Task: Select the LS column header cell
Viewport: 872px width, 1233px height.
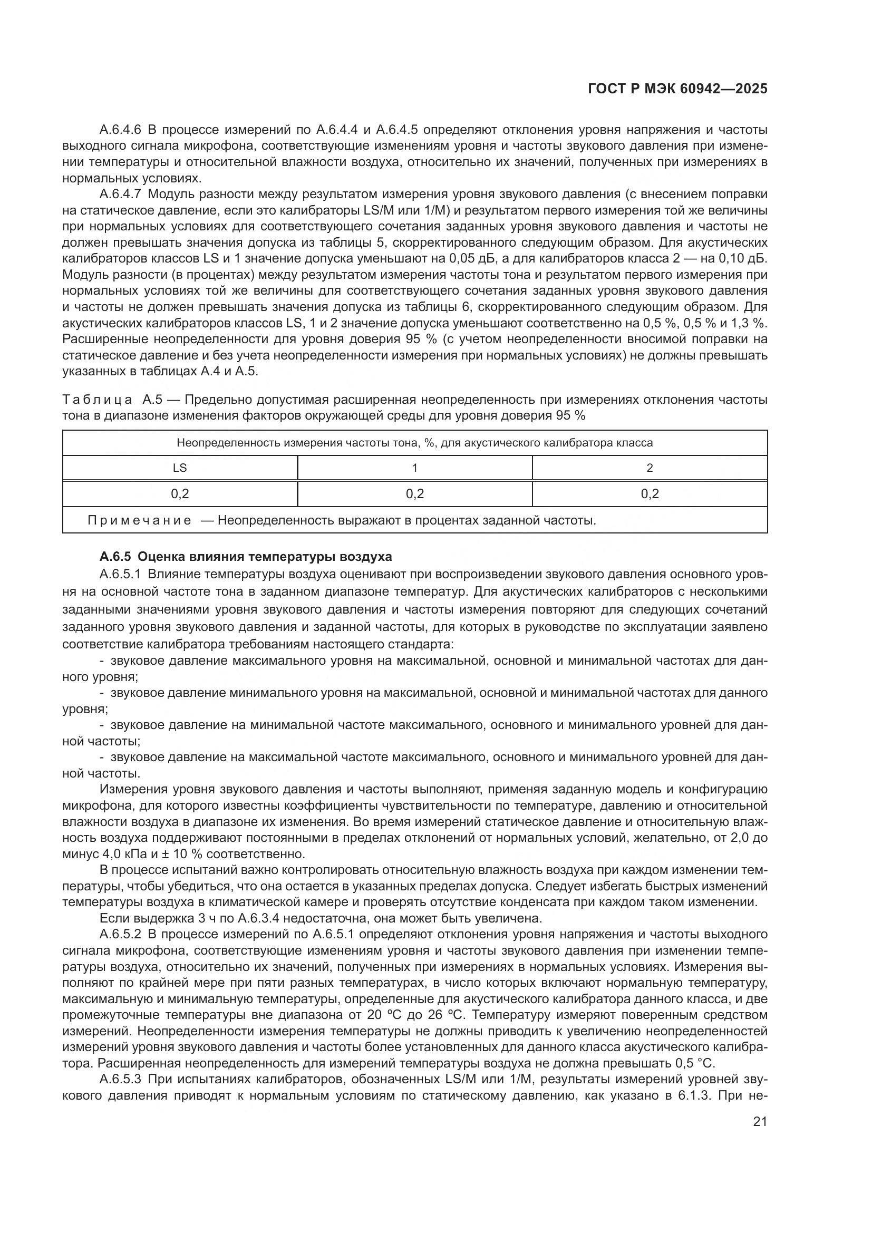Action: coord(180,468)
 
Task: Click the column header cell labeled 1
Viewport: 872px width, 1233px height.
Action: coord(414,468)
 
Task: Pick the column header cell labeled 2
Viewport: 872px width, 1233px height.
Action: coord(649,468)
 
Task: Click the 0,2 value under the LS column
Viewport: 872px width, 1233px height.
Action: coord(180,493)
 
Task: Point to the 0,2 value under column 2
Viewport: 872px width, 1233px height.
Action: coord(649,493)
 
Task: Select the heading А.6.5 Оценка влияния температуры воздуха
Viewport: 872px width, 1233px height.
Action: coord(245,556)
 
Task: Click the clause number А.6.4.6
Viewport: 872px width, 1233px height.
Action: coord(120,130)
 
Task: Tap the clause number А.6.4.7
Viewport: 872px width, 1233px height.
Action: coord(120,195)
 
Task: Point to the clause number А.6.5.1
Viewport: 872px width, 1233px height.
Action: coord(120,574)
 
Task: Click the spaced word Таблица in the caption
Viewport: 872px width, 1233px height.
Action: coord(97,400)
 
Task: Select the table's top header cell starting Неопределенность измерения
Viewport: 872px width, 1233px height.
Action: coord(414,443)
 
